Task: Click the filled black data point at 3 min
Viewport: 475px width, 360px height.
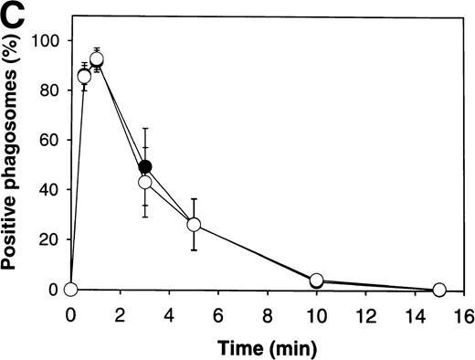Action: pyautogui.click(x=145, y=167)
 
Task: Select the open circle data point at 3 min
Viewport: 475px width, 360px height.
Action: pyautogui.click(x=144, y=183)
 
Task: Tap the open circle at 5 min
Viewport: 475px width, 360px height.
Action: pyautogui.click(x=194, y=225)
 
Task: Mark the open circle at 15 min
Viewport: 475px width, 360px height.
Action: pyautogui.click(x=438, y=290)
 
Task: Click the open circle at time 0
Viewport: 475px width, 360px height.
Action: pyautogui.click(x=71, y=290)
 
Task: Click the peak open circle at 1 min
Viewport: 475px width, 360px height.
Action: pyautogui.click(x=96, y=60)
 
